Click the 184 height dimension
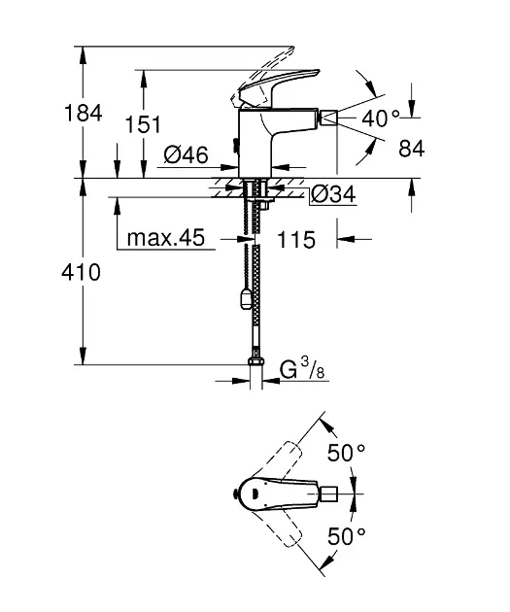pyautogui.click(x=83, y=113)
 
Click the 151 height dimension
pyautogui.click(x=143, y=124)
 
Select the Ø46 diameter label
pyautogui.click(x=187, y=154)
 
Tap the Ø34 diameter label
pyautogui.click(x=333, y=194)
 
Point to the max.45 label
pyautogui.click(x=166, y=237)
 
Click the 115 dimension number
pyautogui.click(x=295, y=239)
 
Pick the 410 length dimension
pyautogui.click(x=81, y=272)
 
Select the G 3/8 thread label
pyautogui.click(x=302, y=369)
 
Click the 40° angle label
pyautogui.click(x=381, y=118)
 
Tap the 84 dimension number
pyautogui.click(x=411, y=149)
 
